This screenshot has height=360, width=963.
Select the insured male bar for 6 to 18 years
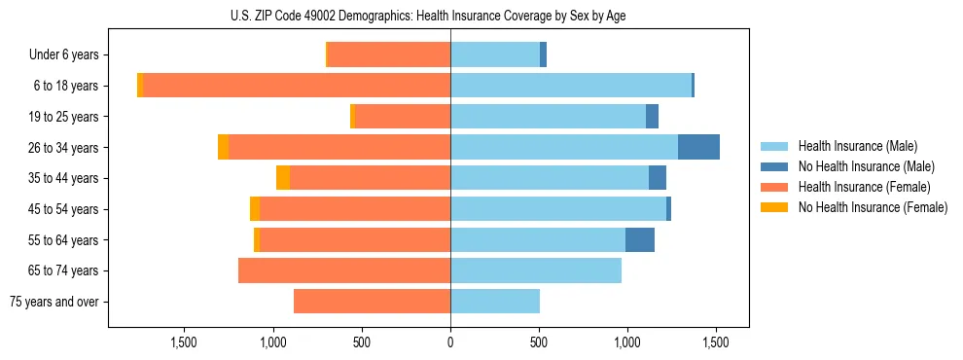[x=571, y=86]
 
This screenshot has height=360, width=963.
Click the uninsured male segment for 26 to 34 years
[x=698, y=147]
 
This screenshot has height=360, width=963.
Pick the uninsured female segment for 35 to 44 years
[x=283, y=178]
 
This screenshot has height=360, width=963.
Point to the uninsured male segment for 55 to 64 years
[x=640, y=239]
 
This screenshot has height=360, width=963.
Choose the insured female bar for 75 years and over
[x=372, y=302]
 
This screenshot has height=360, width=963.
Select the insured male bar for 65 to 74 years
[x=536, y=270]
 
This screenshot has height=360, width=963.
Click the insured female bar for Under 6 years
[x=389, y=54]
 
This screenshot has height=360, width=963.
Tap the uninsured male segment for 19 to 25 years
[x=652, y=117]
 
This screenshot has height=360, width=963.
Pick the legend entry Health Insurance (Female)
[x=865, y=187]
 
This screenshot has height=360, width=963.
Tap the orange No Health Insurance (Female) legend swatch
[x=774, y=207]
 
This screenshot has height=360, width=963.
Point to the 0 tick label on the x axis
[x=450, y=342]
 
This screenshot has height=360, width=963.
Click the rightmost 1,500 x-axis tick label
[x=717, y=342]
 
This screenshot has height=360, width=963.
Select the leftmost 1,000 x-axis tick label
[x=272, y=342]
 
